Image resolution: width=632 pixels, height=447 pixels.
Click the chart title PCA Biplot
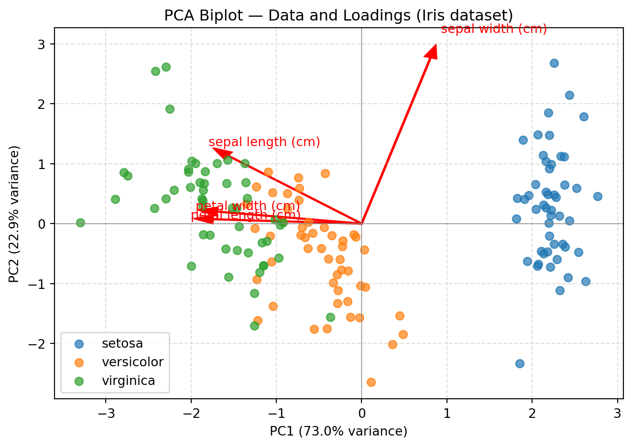[x=338, y=16]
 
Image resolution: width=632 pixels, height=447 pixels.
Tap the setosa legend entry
[x=122, y=344]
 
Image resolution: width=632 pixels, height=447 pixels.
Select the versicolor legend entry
[x=132, y=362]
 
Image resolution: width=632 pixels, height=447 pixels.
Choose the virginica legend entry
[x=128, y=381]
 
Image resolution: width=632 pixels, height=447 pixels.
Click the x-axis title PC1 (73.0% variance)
[x=338, y=432]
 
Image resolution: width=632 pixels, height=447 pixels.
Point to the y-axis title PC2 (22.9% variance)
[x=14, y=214]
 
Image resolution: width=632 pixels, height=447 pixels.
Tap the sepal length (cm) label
[x=264, y=142]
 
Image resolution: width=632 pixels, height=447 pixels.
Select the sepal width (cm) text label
[x=494, y=29]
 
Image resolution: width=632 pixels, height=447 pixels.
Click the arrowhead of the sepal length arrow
[x=219, y=151]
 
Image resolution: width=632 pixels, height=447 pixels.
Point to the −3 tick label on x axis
[x=106, y=413]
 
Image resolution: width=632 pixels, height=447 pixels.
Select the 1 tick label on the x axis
[x=447, y=413]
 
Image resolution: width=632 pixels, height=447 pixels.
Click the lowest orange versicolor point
[x=371, y=382]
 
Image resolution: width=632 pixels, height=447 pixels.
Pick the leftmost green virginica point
[x=80, y=223]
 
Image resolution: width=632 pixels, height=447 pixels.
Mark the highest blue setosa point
[x=554, y=63]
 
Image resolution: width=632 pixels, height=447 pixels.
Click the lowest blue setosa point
[x=520, y=363]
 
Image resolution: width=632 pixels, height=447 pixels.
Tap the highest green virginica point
[x=166, y=67]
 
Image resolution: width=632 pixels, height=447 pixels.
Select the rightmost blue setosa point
[x=598, y=196]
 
